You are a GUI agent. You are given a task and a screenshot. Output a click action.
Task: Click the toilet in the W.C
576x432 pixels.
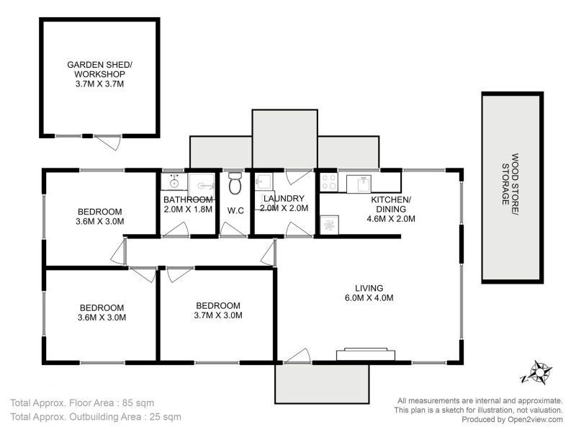coord(234,184)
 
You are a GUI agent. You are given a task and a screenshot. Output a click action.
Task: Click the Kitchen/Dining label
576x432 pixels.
coord(391,209)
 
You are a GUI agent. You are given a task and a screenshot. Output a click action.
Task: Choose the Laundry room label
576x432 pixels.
coord(284,203)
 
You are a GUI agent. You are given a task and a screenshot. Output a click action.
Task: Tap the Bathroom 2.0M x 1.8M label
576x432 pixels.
coord(187,204)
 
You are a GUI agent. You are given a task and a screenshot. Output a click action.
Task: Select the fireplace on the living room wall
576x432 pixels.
coord(365,353)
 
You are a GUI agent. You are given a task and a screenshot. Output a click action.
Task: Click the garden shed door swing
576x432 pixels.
coord(108,143)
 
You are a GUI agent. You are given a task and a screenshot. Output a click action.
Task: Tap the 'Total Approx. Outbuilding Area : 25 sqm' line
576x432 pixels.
coord(96,416)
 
